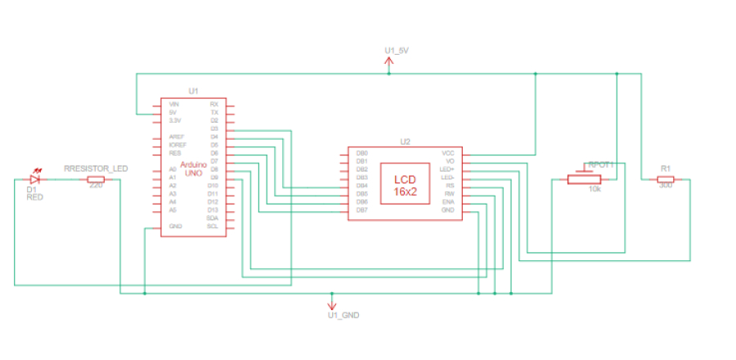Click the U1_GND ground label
pos(343,315)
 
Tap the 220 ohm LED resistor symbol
pos(96,178)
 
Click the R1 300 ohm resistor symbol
pos(666,178)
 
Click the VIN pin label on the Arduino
pos(173,105)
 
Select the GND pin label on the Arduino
pos(174,226)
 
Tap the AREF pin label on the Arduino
pos(175,137)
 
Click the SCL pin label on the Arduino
pos(213,226)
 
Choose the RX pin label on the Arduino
pos(214,105)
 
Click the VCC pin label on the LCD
pos(448,153)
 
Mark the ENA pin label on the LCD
pos(448,201)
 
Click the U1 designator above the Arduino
pos(193,91)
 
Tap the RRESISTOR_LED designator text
pos(96,168)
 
